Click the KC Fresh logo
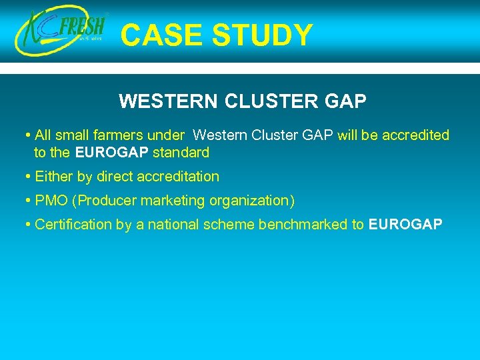coord(62,32)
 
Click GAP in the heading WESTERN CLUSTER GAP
coord(347,101)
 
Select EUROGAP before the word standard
coord(112,153)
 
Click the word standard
coord(181,153)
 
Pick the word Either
coord(53,177)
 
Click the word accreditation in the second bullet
coord(179,177)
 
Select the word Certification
coord(73,225)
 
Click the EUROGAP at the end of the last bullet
coord(405,225)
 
